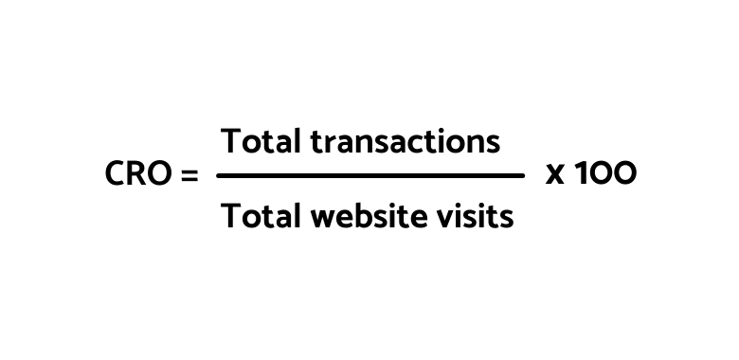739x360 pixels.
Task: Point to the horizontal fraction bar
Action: click(370, 175)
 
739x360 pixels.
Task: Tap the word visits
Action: click(478, 217)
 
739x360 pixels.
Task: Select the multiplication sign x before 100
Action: click(555, 176)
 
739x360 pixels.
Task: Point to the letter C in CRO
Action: click(116, 175)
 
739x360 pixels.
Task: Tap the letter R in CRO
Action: click(137, 175)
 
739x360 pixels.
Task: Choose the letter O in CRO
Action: click(160, 175)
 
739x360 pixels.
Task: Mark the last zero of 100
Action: click(623, 175)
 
